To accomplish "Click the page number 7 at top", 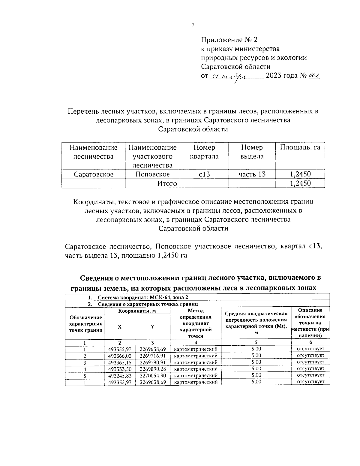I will pyautogui.click(x=193, y=26).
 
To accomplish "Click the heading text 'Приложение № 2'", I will pyautogui.click(x=229, y=40).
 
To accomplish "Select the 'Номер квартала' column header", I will pyautogui.click(x=204, y=152).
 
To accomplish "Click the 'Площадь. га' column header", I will pyautogui.click(x=300, y=147).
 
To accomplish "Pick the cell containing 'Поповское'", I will pyautogui.click(x=152, y=174).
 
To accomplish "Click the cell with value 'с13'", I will pyautogui.click(x=204, y=174).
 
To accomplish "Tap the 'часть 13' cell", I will pyautogui.click(x=252, y=174).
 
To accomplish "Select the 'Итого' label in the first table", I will pyautogui.click(x=167, y=184).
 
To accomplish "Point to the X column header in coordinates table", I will pyautogui.click(x=119, y=327).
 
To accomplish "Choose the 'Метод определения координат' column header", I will pyautogui.click(x=196, y=323).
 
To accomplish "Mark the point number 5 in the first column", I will pyautogui.click(x=85, y=375).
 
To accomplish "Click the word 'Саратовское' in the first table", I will pyautogui.click(x=94, y=174).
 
